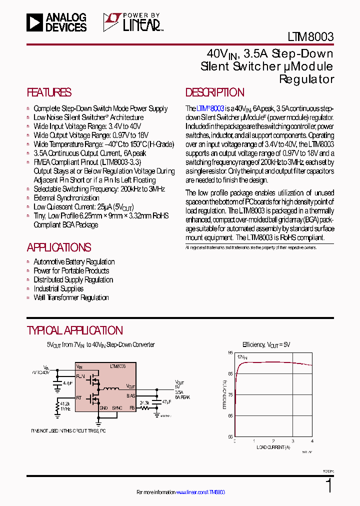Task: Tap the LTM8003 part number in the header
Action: pyautogui.click(x=310, y=36)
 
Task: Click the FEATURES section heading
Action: pyautogui.click(x=49, y=92)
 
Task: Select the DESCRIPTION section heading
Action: pyautogui.click(x=215, y=92)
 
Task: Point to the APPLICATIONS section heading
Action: pyautogui.click(x=58, y=247)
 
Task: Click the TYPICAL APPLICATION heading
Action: pyautogui.click(x=74, y=330)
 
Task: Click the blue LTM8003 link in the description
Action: pyautogui.click(x=210, y=108)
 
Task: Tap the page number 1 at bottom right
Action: pyautogui.click(x=328, y=486)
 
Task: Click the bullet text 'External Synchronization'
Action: pyautogui.click(x=66, y=198)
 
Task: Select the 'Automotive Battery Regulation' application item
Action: pyautogui.click(x=74, y=262)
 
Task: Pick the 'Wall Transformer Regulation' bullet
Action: pyautogui.click(x=71, y=298)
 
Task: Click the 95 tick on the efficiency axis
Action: pyautogui.click(x=230, y=353)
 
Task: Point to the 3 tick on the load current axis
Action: pyautogui.click(x=293, y=441)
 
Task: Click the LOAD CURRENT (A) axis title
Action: pyautogui.click(x=273, y=447)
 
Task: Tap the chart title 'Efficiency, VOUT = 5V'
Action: pyautogui.click(x=266, y=345)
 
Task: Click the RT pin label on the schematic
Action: pyautogui.click(x=79, y=398)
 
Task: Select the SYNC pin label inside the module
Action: pyautogui.click(x=117, y=408)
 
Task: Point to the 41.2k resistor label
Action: pyautogui.click(x=64, y=403)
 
